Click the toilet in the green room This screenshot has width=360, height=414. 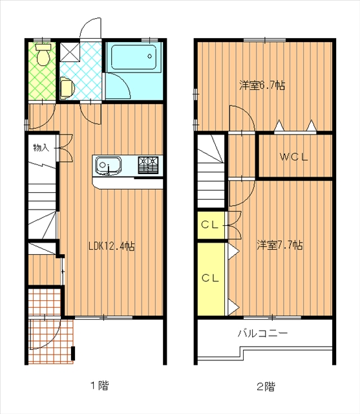point(43,54)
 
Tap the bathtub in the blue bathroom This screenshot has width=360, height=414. point(134,58)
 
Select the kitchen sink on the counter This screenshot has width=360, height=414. point(108,166)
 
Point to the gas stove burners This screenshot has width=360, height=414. point(148,165)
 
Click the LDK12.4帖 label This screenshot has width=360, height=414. point(112,246)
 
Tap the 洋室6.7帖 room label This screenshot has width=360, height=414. point(262,85)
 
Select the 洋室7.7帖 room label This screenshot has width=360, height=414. point(280,245)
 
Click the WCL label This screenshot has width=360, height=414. point(294,157)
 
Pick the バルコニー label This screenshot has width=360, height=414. point(262,334)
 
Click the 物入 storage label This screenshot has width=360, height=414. point(41,147)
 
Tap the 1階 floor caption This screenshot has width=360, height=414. point(100,386)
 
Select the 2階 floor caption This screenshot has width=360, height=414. point(266,387)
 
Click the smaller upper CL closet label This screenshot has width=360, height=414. point(210,225)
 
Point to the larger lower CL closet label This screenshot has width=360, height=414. point(211,278)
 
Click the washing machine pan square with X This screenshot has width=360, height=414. point(70,52)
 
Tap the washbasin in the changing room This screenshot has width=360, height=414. point(67,88)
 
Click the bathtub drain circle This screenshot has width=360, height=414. point(150,56)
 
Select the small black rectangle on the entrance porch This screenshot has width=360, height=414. point(73,353)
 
